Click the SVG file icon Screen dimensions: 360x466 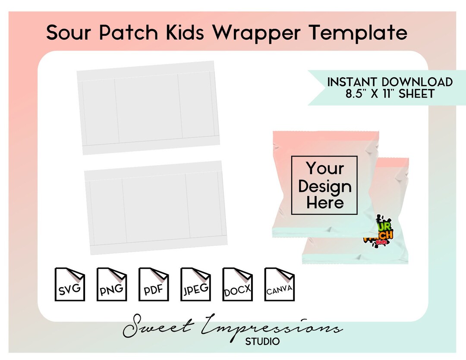[70, 284]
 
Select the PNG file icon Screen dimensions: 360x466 [111, 284]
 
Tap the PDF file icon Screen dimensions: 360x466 [153, 284]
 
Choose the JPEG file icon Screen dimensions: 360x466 [195, 284]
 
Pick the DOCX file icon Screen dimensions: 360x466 [237, 284]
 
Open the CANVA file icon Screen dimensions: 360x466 [279, 284]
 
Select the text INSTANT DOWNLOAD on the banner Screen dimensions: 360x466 [390, 82]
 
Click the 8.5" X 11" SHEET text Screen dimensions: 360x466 [390, 94]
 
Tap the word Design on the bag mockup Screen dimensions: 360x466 [324, 186]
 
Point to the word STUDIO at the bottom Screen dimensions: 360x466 [262, 342]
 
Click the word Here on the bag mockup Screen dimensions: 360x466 [324, 203]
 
